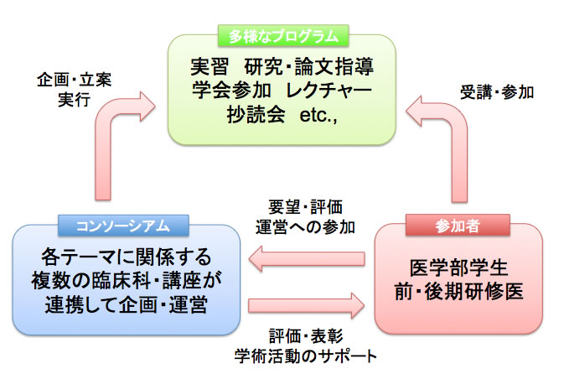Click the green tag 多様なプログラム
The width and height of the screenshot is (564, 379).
[x=282, y=36]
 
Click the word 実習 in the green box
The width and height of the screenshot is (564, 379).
[x=213, y=66]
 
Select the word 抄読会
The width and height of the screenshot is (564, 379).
[x=241, y=115]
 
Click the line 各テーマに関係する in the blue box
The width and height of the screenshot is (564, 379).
[x=126, y=256]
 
